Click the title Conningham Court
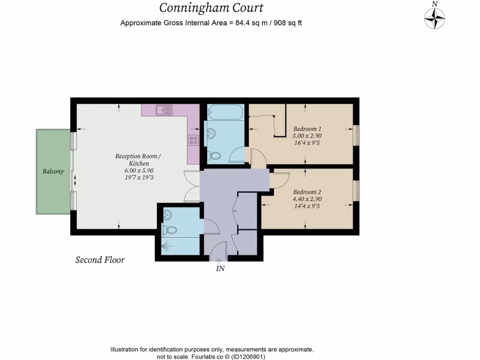211,8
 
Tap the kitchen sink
165,110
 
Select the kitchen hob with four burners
193,140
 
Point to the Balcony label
53,172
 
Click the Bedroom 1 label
307,128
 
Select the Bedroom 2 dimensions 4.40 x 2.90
307,199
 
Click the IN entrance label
220,269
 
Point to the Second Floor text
100,260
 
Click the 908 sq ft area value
285,22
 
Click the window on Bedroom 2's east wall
356,190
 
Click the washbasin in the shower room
168,215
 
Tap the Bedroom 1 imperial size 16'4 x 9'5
307,142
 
